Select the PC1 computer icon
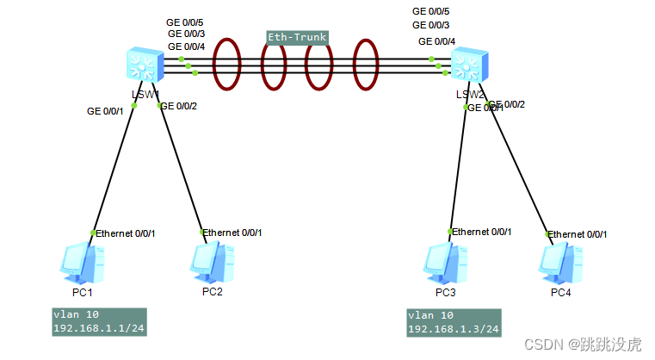coord(84,264)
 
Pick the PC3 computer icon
coord(445,264)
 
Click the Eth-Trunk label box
coord(297,38)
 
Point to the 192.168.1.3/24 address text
coord(452,330)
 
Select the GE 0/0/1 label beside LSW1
coord(106,110)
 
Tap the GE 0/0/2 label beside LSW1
coord(179,106)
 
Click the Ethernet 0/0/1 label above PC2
coord(232,233)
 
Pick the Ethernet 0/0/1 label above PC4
coord(578,234)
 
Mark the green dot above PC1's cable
coord(93,233)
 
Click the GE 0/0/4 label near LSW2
coord(437,40)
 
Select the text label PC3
coord(445,292)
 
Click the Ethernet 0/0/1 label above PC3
coord(482,232)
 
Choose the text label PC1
coord(84,292)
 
